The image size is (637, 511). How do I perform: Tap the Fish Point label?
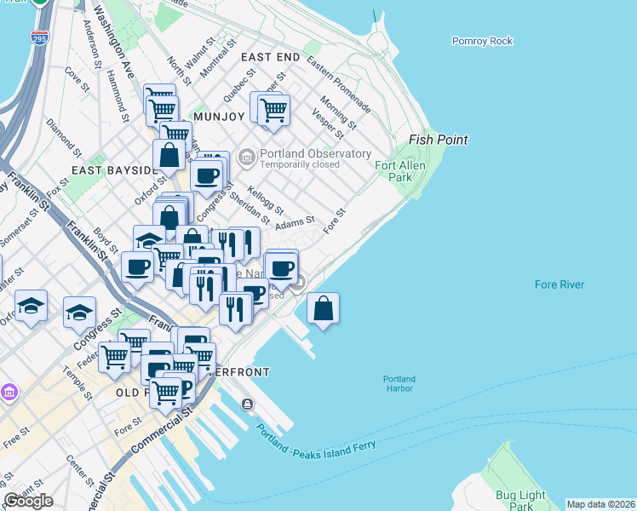point(439,140)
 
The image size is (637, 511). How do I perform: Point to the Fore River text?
point(560,284)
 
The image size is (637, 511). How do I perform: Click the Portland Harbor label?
point(399,384)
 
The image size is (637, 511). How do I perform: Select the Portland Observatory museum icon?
point(247,156)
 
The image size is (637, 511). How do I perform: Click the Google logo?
point(28,501)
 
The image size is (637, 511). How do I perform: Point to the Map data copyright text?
point(601,504)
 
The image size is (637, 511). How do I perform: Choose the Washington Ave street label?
point(114,43)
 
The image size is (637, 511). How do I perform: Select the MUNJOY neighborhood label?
point(219,116)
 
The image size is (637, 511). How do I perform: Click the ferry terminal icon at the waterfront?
point(247,404)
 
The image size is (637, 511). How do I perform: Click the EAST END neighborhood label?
point(270,56)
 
